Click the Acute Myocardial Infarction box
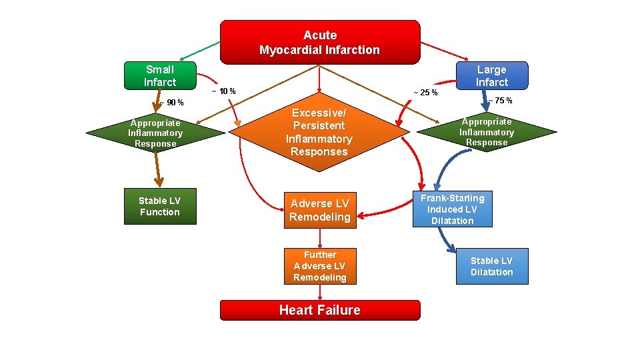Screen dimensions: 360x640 click(x=320, y=42)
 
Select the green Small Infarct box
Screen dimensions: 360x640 click(x=160, y=75)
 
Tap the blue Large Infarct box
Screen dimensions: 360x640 click(x=491, y=75)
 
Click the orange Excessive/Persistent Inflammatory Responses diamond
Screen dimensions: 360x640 click(x=319, y=132)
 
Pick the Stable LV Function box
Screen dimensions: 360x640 click(x=160, y=206)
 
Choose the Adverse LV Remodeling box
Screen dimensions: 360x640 click(x=320, y=210)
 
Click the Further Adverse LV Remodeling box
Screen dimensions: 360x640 click(x=320, y=266)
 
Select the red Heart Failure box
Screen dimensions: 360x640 click(x=320, y=310)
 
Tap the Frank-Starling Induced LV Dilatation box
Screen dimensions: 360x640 click(x=452, y=209)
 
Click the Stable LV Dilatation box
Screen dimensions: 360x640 click(x=491, y=266)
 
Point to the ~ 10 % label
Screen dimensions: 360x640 click(x=223, y=91)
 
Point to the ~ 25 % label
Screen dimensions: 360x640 click(x=425, y=92)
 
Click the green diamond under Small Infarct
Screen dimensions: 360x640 click(x=155, y=133)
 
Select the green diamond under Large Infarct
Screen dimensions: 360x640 click(x=487, y=131)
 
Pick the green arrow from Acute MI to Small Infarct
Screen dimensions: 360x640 click(x=200, y=51)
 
